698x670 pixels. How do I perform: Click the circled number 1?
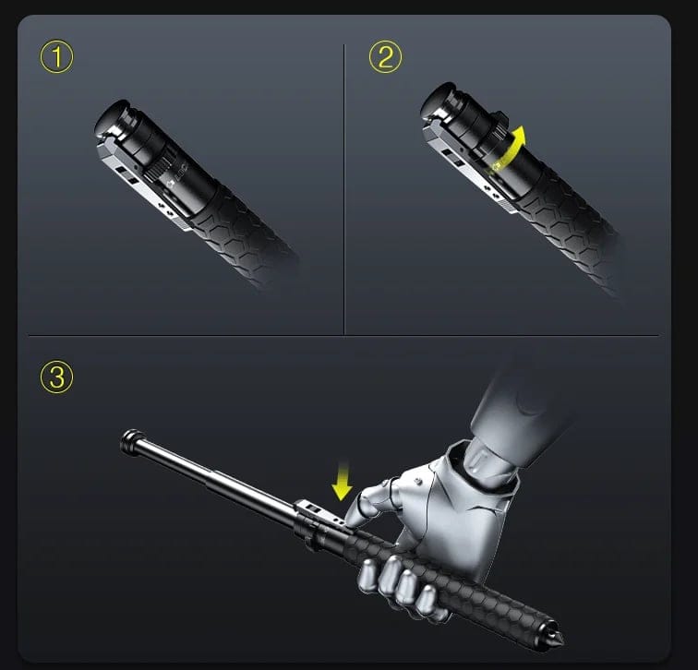pos(57,57)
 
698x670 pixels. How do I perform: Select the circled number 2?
pos(386,57)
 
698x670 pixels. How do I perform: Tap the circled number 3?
pos(57,377)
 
